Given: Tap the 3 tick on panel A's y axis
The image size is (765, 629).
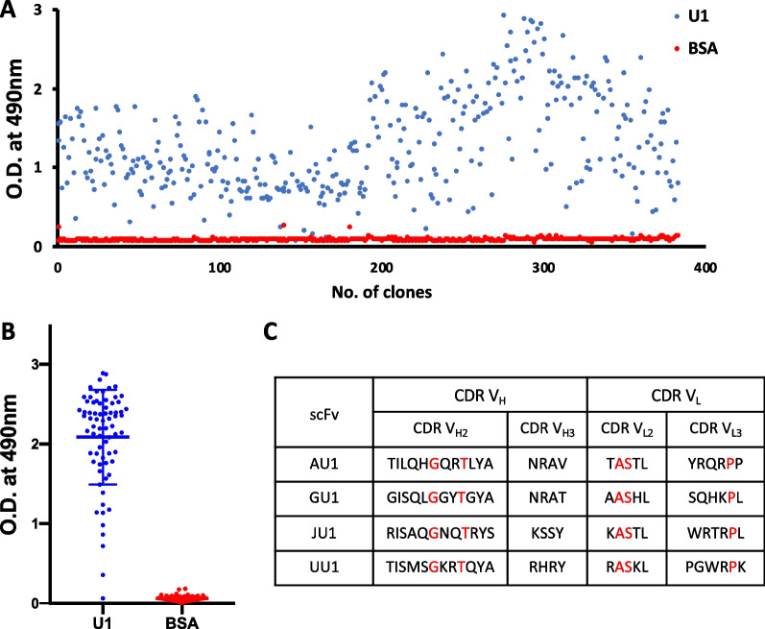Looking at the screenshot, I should [x=44, y=11].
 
